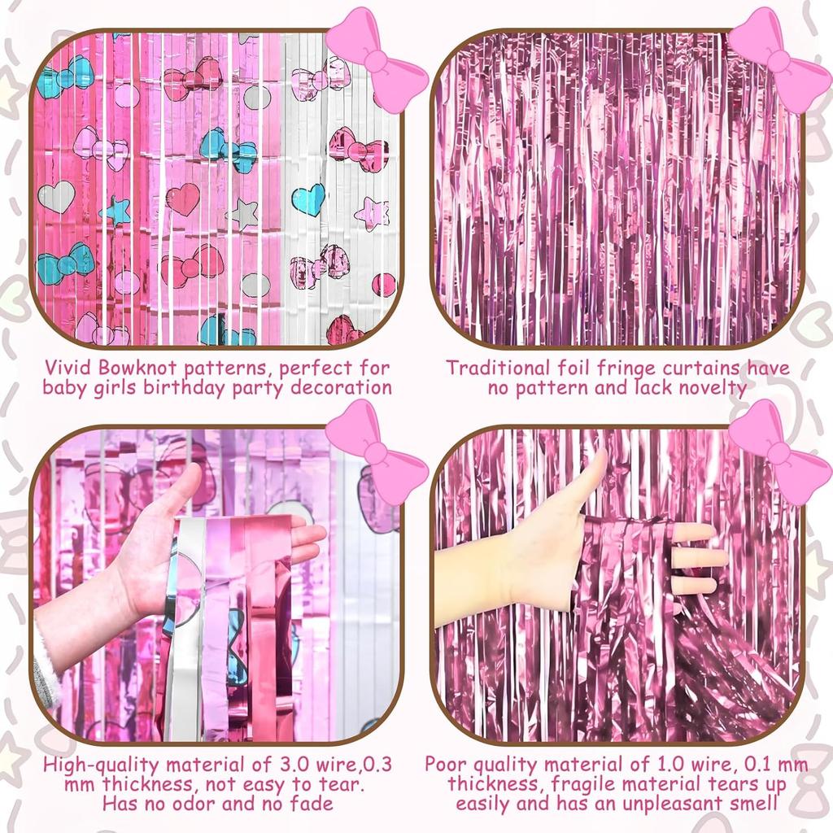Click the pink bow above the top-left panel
click(376, 60)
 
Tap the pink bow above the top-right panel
click(779, 60)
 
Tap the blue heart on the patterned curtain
click(308, 198)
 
